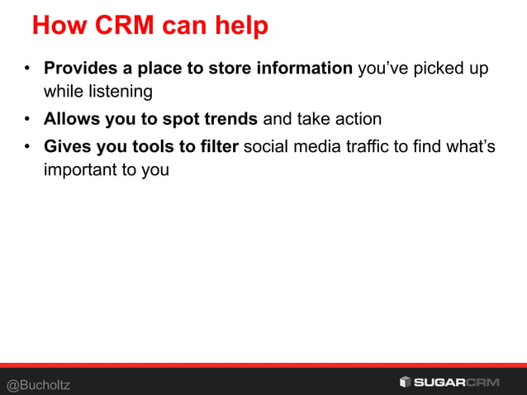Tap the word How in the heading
[x=58, y=26]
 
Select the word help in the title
[x=240, y=26]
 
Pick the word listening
[x=116, y=91]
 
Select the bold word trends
[x=231, y=120]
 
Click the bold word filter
[x=220, y=148]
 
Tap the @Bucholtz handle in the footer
[x=39, y=384]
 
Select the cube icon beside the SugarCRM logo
[x=405, y=382]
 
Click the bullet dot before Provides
[x=27, y=69]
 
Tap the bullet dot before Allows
[x=27, y=121]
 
